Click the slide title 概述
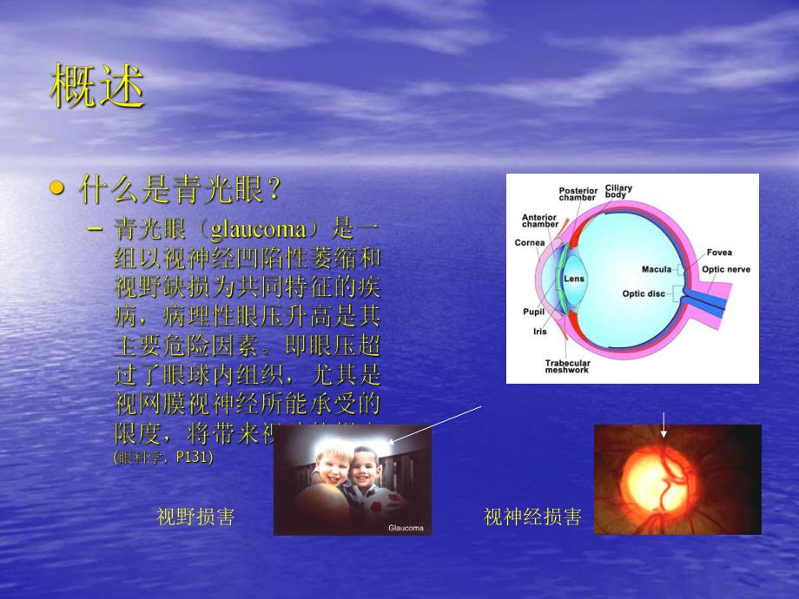(96, 86)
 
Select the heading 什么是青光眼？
(182, 188)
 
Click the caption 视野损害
(195, 517)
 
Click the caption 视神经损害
(532, 517)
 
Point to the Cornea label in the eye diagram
(529, 243)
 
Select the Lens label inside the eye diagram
(574, 279)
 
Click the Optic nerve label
(725, 269)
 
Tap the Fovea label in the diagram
(718, 253)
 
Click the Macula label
(657, 269)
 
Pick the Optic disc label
(643, 293)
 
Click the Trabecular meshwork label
(567, 366)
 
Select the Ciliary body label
(618, 191)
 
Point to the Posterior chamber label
(577, 194)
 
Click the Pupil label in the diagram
(532, 311)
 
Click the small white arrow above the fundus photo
(664, 425)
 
